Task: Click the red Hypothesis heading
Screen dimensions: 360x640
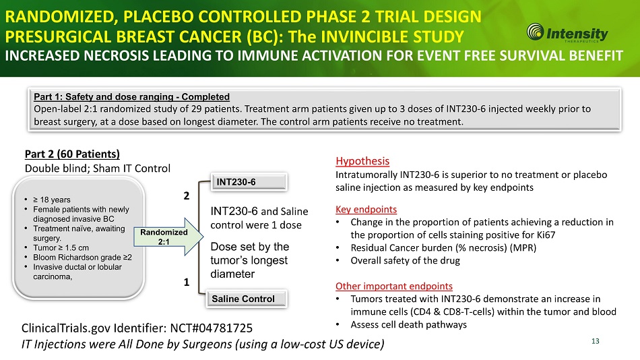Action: [362, 161]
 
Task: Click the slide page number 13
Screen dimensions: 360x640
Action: [595, 340]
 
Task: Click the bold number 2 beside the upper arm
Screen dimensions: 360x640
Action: [187, 196]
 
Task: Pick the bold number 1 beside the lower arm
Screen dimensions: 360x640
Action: [187, 283]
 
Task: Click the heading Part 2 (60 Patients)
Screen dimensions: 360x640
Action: [71, 154]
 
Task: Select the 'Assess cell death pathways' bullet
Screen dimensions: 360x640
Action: [408, 324]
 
